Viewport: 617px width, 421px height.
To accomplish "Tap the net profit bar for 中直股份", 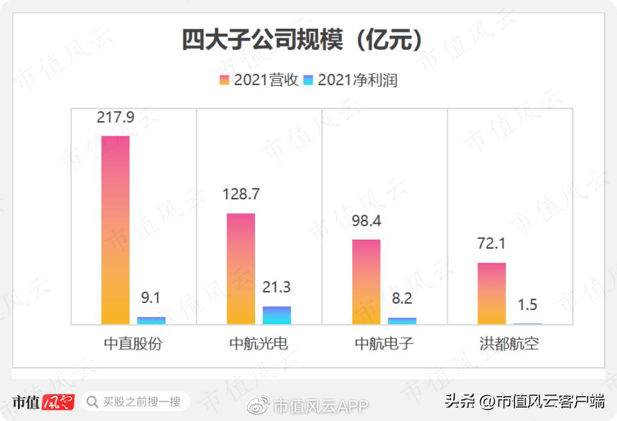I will click(x=151, y=320).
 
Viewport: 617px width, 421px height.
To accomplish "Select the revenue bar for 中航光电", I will click(x=241, y=268).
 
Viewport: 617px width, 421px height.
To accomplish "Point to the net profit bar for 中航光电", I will click(x=277, y=315).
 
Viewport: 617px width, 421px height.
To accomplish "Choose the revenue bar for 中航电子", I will click(x=366, y=281).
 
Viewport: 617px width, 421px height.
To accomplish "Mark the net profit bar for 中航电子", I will click(x=402, y=321).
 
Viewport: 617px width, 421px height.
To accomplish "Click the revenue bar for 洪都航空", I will click(x=492, y=293).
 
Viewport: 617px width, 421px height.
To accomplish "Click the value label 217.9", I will click(x=115, y=117).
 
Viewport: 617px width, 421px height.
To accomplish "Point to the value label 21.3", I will click(x=276, y=288).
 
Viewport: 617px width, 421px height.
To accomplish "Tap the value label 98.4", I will click(x=366, y=222).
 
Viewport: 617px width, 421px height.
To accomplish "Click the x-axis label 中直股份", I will click(x=133, y=343).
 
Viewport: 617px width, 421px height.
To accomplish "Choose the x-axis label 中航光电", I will click(x=259, y=343).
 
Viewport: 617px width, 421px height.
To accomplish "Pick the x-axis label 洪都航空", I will click(x=509, y=343).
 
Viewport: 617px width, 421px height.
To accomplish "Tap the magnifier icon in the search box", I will click(x=92, y=402).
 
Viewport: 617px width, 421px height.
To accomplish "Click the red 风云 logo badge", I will click(x=58, y=402).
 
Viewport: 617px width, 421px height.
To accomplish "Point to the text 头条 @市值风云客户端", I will click(x=525, y=402).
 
